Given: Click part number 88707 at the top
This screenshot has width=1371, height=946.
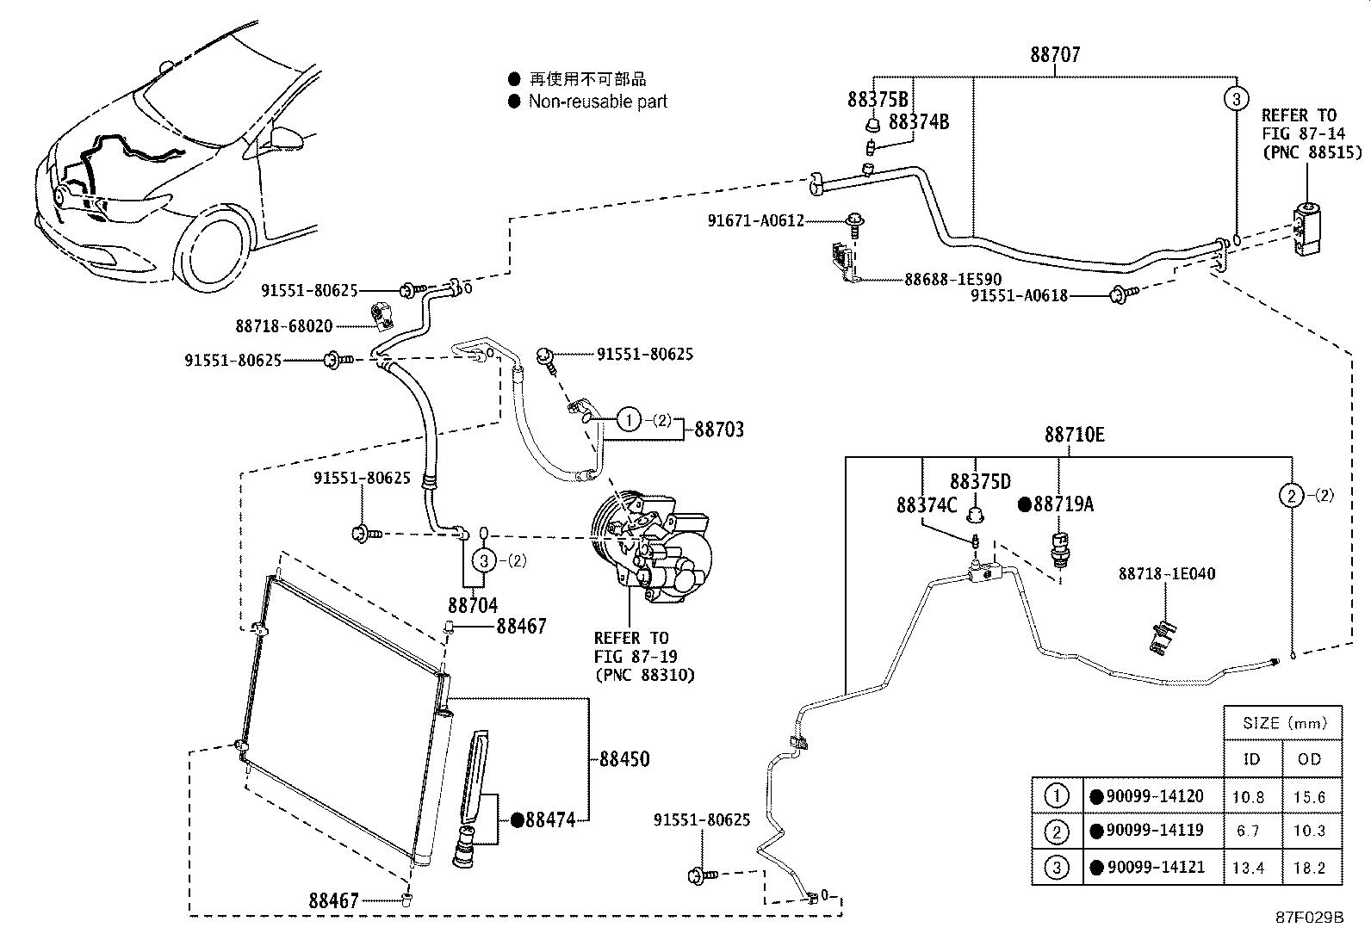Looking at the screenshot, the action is [x=1055, y=54].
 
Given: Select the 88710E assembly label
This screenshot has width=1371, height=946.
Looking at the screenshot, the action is [x=1074, y=435].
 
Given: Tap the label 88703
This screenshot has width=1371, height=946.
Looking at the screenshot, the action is [x=719, y=430].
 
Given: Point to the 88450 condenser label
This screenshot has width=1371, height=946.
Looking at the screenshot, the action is [x=624, y=758].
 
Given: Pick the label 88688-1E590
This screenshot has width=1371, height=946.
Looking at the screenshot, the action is [x=953, y=279].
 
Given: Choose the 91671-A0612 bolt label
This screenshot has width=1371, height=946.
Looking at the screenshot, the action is [x=756, y=220].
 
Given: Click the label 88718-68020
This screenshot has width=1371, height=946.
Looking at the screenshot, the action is [x=284, y=325].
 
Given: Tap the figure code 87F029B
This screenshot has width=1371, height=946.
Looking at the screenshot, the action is [x=1309, y=918].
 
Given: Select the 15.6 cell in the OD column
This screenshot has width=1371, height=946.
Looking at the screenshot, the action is [x=1309, y=797].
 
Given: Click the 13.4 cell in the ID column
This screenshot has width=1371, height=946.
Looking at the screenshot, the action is [x=1248, y=867].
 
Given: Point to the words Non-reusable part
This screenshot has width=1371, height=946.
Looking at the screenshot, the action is [x=598, y=102].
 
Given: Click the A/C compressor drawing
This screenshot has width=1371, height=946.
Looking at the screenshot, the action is [x=651, y=546].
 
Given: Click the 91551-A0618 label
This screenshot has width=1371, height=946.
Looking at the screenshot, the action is [x=1019, y=295].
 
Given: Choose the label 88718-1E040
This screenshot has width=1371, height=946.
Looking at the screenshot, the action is [x=1167, y=573].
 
